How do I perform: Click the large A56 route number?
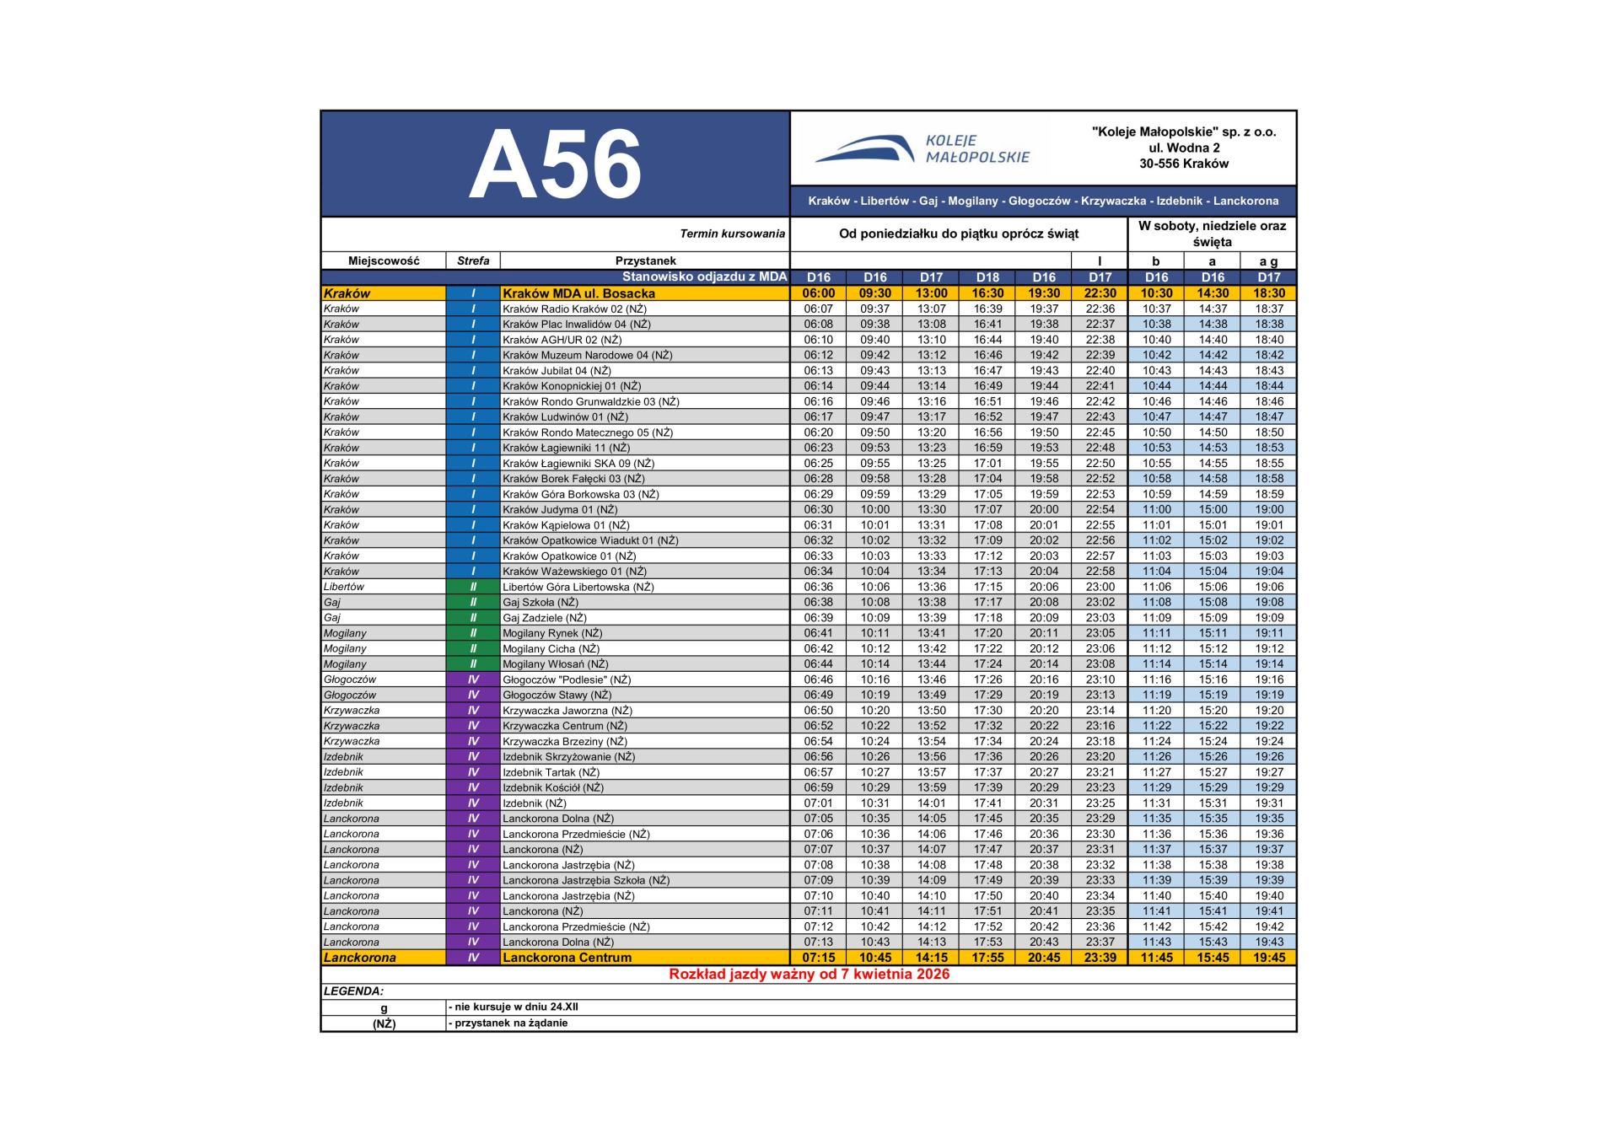click(x=555, y=164)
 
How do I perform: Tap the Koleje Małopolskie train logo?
click(x=864, y=149)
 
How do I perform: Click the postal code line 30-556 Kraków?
click(x=1183, y=164)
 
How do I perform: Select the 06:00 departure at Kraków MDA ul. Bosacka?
click(x=818, y=293)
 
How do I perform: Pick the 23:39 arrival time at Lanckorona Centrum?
click(x=1100, y=958)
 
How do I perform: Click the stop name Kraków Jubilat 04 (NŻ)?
click(x=557, y=371)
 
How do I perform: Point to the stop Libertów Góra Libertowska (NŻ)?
click(x=578, y=587)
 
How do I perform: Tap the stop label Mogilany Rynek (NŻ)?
click(x=552, y=633)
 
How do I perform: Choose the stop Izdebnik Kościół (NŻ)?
click(x=553, y=787)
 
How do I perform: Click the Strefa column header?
click(x=473, y=260)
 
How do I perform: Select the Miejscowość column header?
click(x=384, y=260)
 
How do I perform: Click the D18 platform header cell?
click(x=987, y=277)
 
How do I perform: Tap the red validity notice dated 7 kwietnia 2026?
click(x=809, y=975)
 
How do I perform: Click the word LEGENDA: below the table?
click(x=353, y=991)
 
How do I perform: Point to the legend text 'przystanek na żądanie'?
click(x=510, y=1023)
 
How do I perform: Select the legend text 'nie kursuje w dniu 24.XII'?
click(x=516, y=1007)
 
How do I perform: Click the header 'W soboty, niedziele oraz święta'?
click(x=1212, y=234)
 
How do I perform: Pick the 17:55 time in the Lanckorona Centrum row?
click(x=987, y=958)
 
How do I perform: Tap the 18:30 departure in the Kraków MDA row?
click(x=1268, y=293)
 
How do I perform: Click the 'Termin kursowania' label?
click(x=732, y=234)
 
